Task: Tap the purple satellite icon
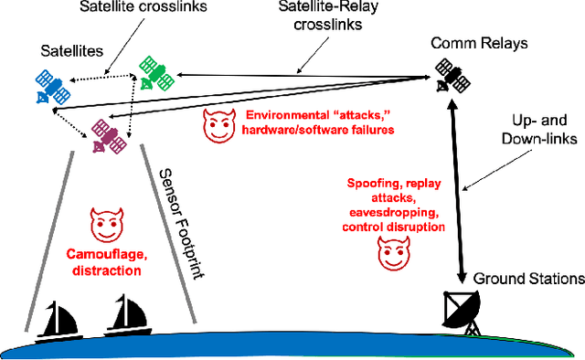pos(108,138)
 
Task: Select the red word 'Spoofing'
pos(372,183)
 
